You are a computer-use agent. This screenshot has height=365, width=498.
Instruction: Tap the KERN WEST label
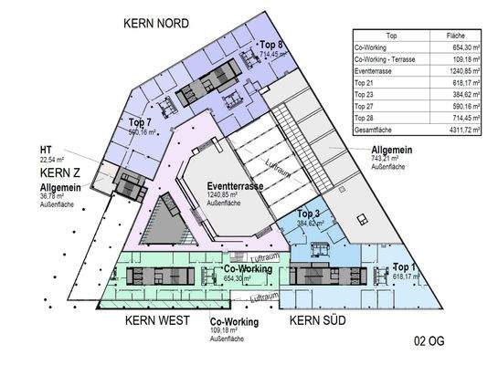164,320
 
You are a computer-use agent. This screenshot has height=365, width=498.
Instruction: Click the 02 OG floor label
432,342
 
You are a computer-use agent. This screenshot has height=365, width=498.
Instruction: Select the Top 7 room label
140,122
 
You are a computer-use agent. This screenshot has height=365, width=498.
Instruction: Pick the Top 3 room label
307,213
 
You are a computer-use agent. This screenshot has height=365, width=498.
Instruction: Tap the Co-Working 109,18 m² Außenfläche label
235,322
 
